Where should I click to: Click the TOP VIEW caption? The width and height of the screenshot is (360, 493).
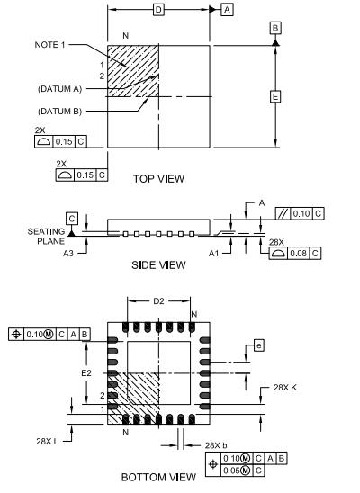[158, 178]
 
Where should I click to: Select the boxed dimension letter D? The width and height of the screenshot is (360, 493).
[158, 9]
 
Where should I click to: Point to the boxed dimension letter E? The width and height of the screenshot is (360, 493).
[274, 94]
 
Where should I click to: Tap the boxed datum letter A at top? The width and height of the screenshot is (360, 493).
[227, 9]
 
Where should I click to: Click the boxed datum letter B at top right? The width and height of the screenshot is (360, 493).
[274, 29]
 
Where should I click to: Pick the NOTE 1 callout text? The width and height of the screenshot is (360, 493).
[51, 45]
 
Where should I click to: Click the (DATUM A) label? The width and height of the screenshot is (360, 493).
[58, 88]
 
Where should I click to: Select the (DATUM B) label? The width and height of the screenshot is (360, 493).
[58, 111]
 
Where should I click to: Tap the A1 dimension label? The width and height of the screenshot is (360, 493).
[213, 254]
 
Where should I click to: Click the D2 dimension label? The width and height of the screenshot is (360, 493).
[159, 302]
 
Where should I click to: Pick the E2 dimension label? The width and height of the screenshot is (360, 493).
[87, 372]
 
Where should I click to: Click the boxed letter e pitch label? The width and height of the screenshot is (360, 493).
[258, 345]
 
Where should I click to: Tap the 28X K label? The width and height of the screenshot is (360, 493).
[285, 387]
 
